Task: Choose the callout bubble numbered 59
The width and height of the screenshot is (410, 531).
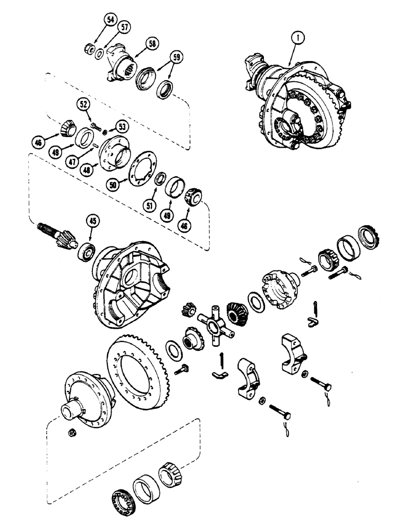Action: click(x=176, y=56)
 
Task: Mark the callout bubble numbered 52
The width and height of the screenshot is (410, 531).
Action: click(x=84, y=106)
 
